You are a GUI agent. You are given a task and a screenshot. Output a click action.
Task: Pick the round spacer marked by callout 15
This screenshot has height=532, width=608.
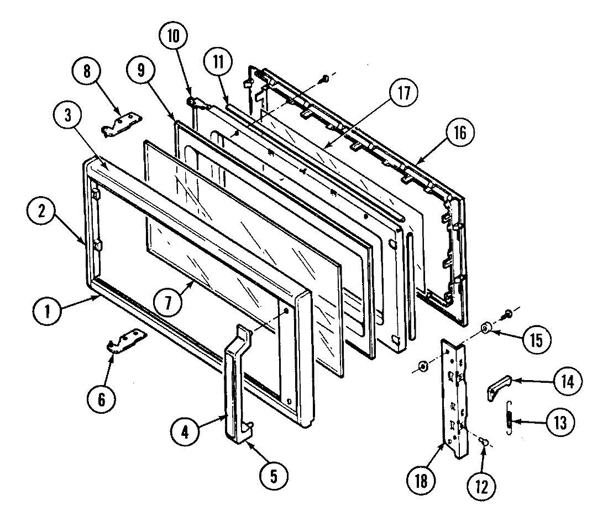pos(485,329)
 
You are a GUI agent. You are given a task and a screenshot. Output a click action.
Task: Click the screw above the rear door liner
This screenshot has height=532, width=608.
pos(325,79)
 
